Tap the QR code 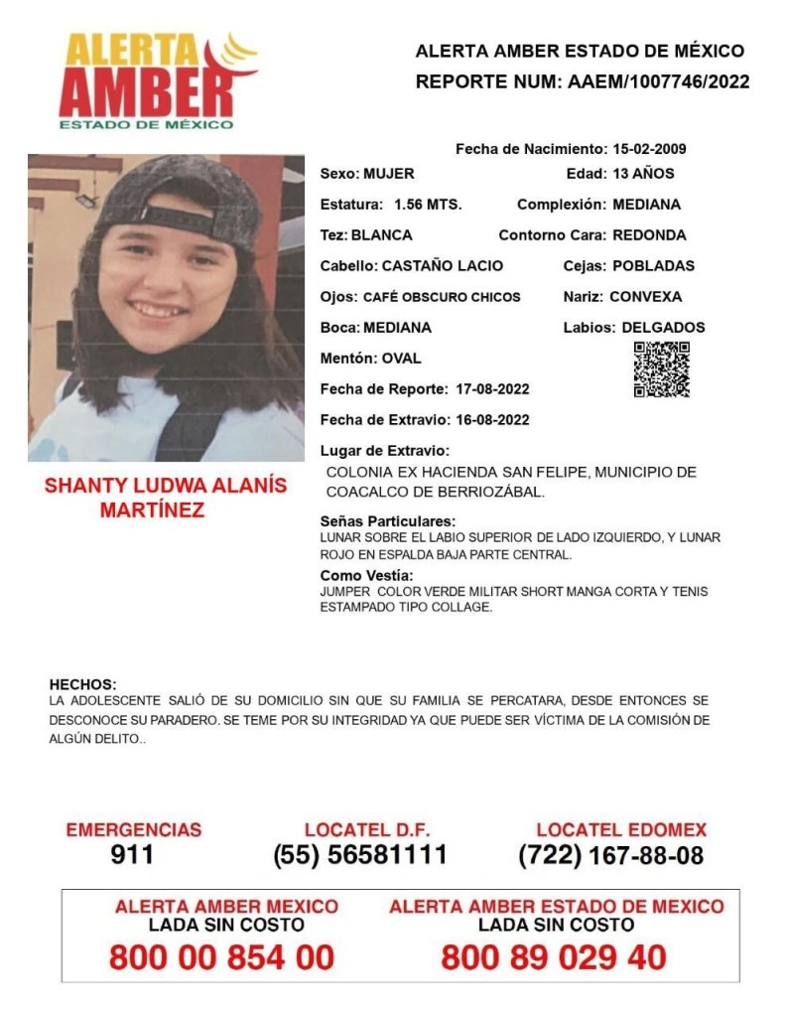pyautogui.click(x=661, y=369)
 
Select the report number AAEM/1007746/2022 pyautogui.click(x=658, y=81)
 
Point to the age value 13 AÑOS pyautogui.click(x=642, y=174)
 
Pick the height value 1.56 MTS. pyautogui.click(x=428, y=205)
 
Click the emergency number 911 pyautogui.click(x=133, y=855)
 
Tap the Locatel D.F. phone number pyautogui.click(x=360, y=855)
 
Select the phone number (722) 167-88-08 pyautogui.click(x=611, y=855)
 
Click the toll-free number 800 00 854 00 pyautogui.click(x=221, y=957)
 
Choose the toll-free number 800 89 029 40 pyautogui.click(x=554, y=957)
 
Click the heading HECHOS pyautogui.click(x=82, y=684)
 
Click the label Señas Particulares pyautogui.click(x=388, y=521)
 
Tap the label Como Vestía pyautogui.click(x=366, y=576)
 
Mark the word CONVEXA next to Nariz pyautogui.click(x=646, y=296)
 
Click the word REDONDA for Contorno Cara pyautogui.click(x=649, y=235)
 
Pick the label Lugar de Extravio pyautogui.click(x=385, y=450)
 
